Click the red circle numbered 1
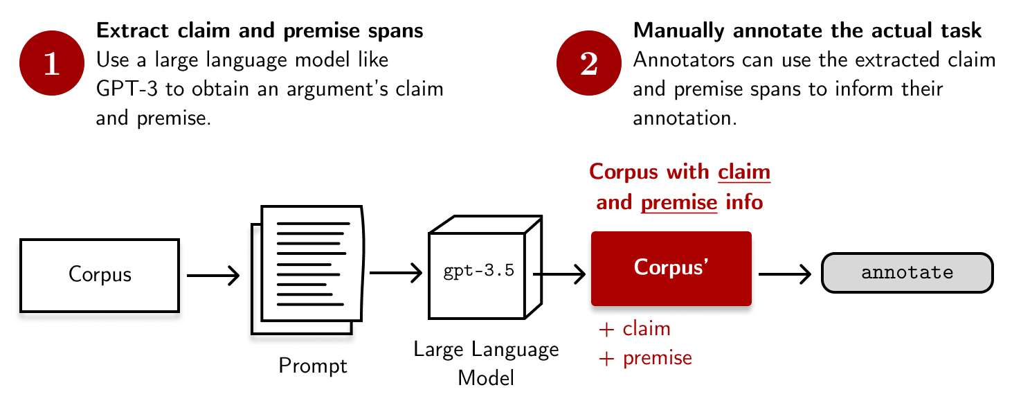point(52,63)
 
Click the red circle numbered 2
point(588,63)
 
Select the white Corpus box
point(100,275)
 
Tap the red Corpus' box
point(671,269)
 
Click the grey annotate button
point(907,273)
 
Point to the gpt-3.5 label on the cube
point(479,270)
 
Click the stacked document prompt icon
point(307,270)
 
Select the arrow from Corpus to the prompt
point(213,275)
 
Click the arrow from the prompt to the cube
point(396,273)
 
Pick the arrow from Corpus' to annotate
point(785,274)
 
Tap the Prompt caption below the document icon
point(313,366)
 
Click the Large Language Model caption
point(486,364)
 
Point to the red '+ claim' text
point(634,329)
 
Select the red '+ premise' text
point(645,358)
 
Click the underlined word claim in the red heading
point(744,172)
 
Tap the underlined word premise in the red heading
point(679,202)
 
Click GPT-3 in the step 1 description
point(127,89)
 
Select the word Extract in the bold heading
point(132,30)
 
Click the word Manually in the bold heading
point(678,30)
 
